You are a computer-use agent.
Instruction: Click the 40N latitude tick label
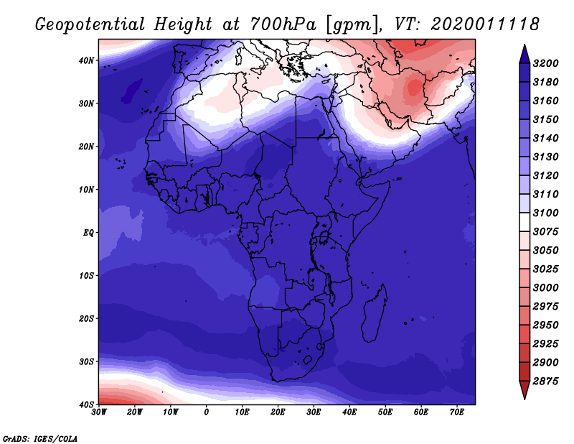(x=86, y=60)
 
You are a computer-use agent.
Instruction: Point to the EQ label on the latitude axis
(x=88, y=233)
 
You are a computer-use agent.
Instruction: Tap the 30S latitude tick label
(x=86, y=361)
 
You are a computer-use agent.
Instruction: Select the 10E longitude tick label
(x=242, y=412)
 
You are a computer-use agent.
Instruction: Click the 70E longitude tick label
(x=456, y=412)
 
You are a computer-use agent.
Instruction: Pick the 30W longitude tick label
(x=99, y=412)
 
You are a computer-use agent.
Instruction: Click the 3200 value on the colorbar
(x=545, y=63)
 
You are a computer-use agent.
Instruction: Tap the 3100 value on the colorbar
(x=545, y=213)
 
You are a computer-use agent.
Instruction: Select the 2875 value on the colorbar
(x=545, y=381)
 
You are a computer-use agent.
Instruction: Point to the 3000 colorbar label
(x=545, y=287)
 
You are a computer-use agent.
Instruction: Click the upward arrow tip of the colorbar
(x=524, y=45)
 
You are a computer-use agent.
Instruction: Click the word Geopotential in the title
(x=90, y=25)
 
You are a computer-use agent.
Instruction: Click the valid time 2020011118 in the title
(x=485, y=24)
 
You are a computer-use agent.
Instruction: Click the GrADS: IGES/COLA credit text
(x=40, y=439)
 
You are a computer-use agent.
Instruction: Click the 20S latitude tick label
(x=86, y=318)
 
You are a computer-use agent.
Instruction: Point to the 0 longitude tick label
(x=207, y=412)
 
